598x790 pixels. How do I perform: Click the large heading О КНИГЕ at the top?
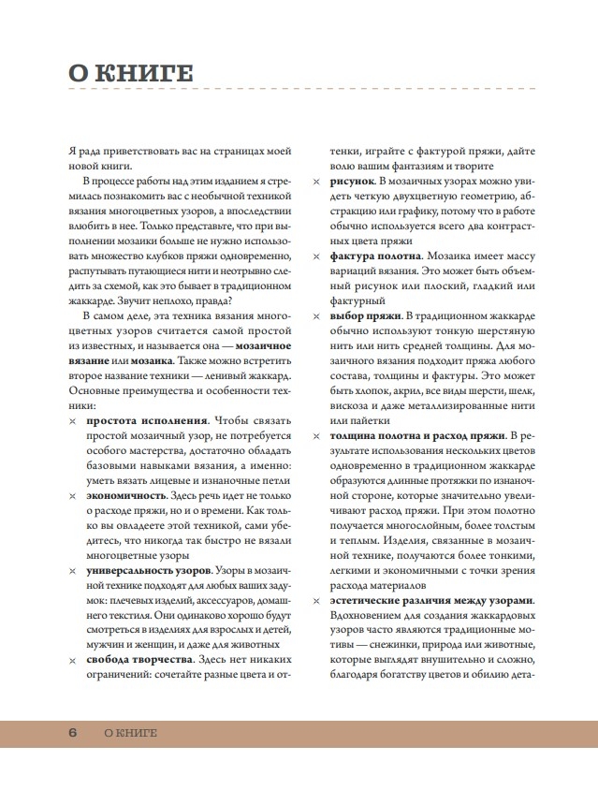[x=131, y=73]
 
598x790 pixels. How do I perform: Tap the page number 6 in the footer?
[x=73, y=732]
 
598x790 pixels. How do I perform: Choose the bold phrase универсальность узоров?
[x=149, y=568]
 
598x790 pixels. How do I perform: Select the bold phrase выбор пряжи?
[x=364, y=318]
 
